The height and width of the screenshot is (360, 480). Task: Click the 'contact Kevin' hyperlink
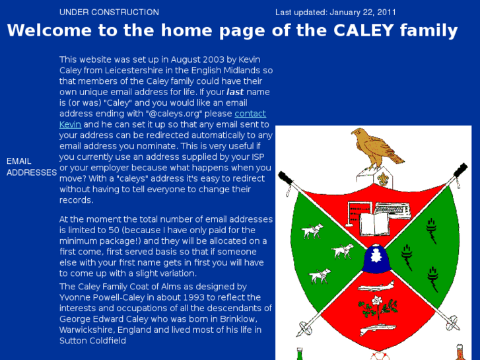[x=250, y=114]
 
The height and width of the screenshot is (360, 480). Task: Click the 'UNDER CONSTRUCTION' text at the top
[x=109, y=12]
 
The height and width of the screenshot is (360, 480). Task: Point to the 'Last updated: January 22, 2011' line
[x=335, y=12]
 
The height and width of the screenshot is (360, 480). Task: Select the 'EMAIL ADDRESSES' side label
[x=31, y=166]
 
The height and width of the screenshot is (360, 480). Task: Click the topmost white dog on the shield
[x=312, y=231]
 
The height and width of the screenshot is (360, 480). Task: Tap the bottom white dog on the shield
[x=320, y=274]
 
